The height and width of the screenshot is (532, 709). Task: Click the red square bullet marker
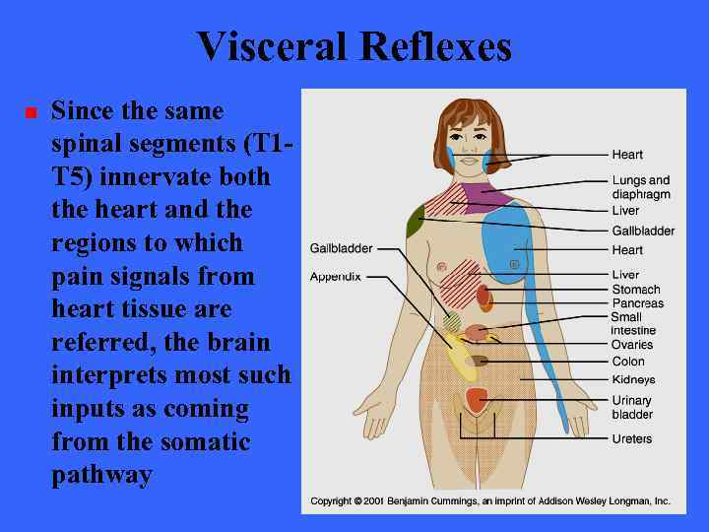pyautogui.click(x=30, y=112)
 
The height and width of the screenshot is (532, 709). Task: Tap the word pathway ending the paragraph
pyautogui.click(x=101, y=475)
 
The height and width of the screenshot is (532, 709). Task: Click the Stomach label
pyautogui.click(x=635, y=290)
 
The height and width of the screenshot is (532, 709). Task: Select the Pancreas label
pyautogui.click(x=637, y=303)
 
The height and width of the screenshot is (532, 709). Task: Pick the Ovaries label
pyautogui.click(x=632, y=345)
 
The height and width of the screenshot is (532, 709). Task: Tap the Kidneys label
pyautogui.click(x=633, y=380)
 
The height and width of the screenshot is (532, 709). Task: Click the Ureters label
pyautogui.click(x=631, y=438)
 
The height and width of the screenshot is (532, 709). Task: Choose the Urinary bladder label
pyautogui.click(x=632, y=408)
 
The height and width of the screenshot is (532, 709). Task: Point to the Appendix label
pyautogui.click(x=335, y=277)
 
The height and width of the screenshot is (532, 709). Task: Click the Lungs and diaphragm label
pyautogui.click(x=640, y=187)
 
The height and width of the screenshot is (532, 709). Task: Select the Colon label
pyautogui.click(x=628, y=362)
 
